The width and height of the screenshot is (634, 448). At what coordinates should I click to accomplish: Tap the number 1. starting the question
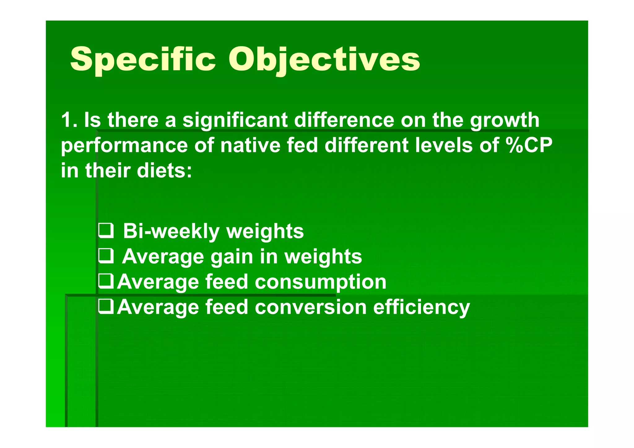tap(68, 120)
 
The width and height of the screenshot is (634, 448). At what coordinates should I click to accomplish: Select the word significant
tap(235, 121)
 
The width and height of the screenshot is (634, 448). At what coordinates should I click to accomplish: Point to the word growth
tap(504, 121)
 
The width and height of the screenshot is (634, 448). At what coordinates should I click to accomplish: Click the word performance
tap(124, 146)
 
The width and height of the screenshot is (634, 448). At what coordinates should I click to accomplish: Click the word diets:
tap(164, 171)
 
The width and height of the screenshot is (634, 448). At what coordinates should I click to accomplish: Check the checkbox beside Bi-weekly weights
tap(106, 231)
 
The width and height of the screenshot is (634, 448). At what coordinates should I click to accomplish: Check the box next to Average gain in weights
tap(106, 256)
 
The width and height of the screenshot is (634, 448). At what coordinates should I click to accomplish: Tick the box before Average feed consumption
tap(106, 282)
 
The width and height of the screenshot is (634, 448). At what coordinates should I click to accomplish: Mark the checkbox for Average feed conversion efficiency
tap(106, 307)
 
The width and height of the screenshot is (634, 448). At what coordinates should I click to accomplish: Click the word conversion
tap(310, 307)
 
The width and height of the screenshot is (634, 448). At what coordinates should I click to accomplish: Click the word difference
tap(344, 120)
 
